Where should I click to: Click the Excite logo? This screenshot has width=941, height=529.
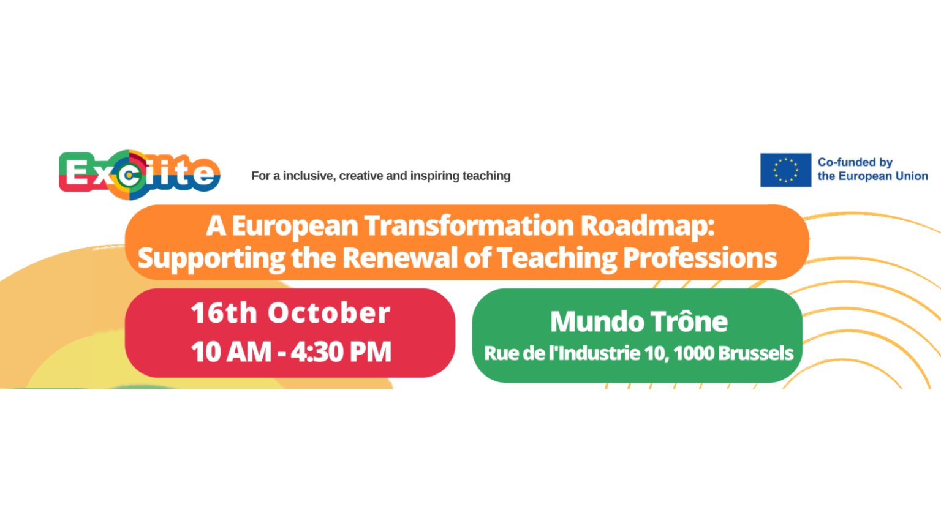140,174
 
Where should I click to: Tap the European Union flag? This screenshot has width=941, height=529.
785,170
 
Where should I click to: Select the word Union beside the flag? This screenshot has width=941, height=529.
912,176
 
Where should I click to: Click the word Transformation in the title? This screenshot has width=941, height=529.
469,226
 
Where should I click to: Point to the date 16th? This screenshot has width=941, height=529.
224,313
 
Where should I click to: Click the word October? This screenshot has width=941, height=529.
329,313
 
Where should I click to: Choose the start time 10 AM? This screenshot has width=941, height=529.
231,351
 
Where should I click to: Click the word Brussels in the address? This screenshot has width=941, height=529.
756,353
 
